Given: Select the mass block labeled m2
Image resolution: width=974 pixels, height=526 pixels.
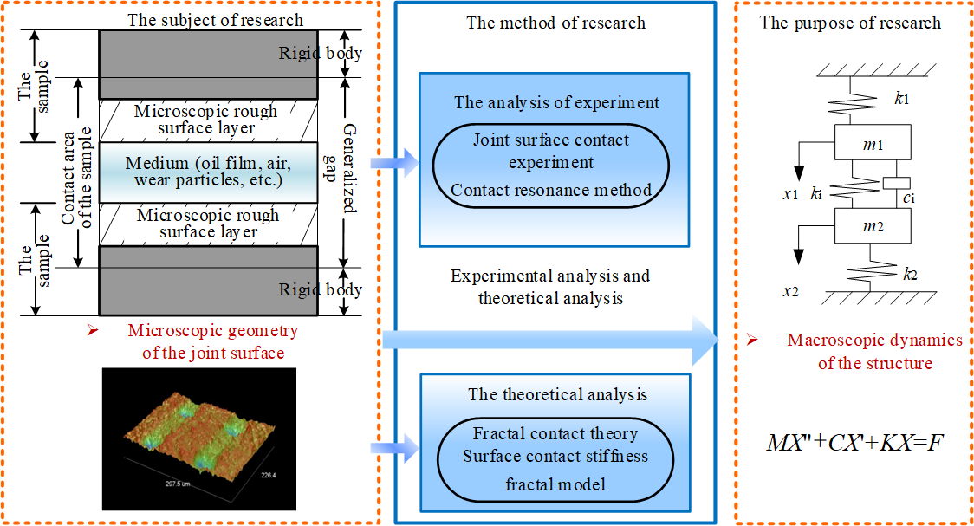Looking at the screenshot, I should pyautogui.click(x=873, y=229).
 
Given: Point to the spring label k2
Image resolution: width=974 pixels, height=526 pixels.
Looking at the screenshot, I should pyautogui.click(x=909, y=276).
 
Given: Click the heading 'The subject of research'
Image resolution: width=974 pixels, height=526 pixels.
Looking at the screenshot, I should pyautogui.click(x=216, y=20).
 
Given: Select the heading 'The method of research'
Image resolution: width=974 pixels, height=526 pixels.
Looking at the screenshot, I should pyautogui.click(x=555, y=23).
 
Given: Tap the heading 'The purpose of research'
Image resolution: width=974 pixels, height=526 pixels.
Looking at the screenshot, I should pyautogui.click(x=850, y=23).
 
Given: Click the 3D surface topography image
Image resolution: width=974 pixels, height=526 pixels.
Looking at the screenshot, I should pyautogui.click(x=199, y=438).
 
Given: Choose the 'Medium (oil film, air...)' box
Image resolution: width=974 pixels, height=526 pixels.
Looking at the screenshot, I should pyautogui.click(x=207, y=172).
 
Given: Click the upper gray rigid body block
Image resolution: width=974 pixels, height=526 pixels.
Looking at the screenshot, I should pyautogui.click(x=207, y=54).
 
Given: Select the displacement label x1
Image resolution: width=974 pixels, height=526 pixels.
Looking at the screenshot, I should pyautogui.click(x=789, y=195).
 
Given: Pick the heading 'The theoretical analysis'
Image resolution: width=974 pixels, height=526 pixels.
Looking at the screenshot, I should pyautogui.click(x=557, y=395).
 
